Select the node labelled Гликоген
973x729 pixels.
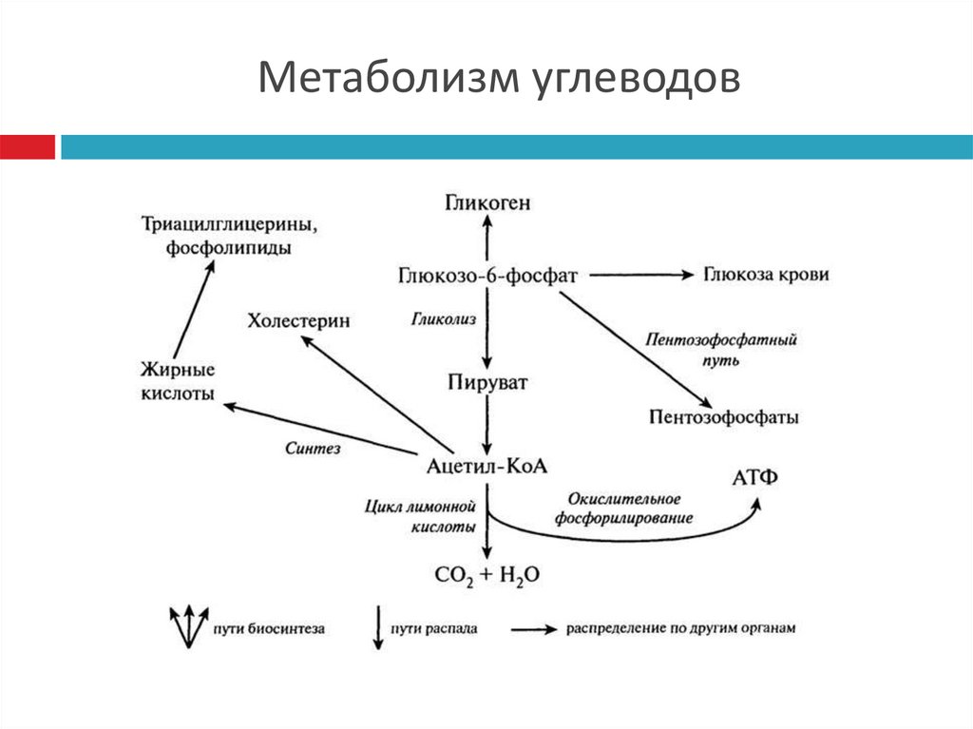pos(487,201)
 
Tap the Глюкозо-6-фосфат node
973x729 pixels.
pos(488,276)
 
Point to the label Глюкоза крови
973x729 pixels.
pos(767,275)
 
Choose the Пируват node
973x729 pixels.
pos(486,383)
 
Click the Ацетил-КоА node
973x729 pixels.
pos(488,465)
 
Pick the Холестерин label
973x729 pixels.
pos(298,321)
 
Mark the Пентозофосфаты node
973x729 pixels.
pos(724,416)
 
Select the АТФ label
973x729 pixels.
pos(755,476)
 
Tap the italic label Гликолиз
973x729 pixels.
pos(443,320)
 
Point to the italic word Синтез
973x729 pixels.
pos(313,447)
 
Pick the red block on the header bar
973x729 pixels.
pos(28,147)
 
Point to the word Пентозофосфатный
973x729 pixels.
pos(720,339)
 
